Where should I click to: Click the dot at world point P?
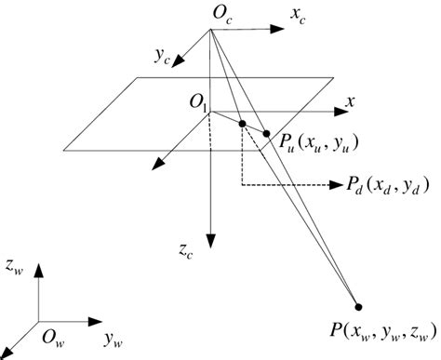click(x=359, y=306)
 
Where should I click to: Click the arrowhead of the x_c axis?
click(x=276, y=29)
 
